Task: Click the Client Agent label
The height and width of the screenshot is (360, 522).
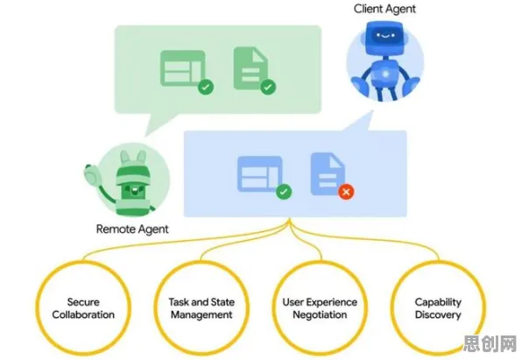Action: pyautogui.click(x=384, y=9)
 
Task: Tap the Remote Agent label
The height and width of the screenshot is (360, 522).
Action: pyautogui.click(x=132, y=229)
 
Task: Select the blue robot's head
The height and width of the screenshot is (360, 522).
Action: pyautogui.click(x=384, y=38)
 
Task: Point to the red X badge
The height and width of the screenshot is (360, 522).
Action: pyautogui.click(x=346, y=192)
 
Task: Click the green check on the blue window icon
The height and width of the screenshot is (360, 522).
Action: pyautogui.click(x=284, y=192)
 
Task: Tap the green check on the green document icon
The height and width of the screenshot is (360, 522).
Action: pyautogui.click(x=268, y=88)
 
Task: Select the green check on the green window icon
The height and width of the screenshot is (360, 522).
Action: pyautogui.click(x=206, y=88)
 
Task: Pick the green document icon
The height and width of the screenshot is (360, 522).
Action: pyautogui.click(x=250, y=68)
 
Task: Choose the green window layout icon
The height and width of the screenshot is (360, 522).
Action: pyautogui.click(x=183, y=68)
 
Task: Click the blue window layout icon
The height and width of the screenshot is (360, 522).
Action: pyautogui.click(x=260, y=173)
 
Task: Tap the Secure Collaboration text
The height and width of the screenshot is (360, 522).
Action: pyautogui.click(x=83, y=308)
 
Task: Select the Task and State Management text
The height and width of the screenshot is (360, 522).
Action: pyautogui.click(x=201, y=308)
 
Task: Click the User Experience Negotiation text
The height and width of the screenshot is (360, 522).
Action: pyautogui.click(x=320, y=308)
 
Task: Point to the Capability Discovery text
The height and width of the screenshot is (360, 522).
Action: pyautogui.click(x=438, y=308)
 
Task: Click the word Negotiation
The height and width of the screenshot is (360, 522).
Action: pyautogui.click(x=320, y=314)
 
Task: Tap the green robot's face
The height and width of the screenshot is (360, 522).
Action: pyautogui.click(x=133, y=191)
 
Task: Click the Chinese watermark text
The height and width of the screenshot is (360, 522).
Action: pyautogui.click(x=490, y=343)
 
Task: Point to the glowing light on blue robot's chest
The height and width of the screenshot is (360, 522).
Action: pyautogui.click(x=385, y=74)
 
